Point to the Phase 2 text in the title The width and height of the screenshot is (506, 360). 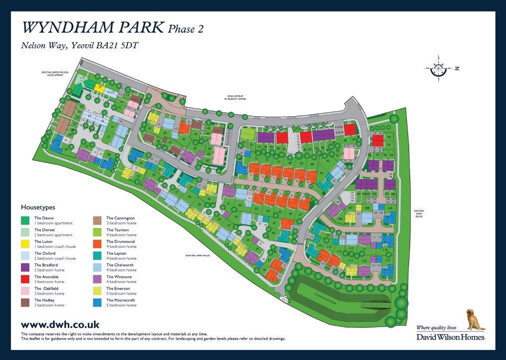click(186, 29)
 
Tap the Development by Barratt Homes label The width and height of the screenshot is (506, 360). click(235, 98)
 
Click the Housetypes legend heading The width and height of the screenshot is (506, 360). click(38, 207)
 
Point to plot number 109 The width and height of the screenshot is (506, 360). click(390, 208)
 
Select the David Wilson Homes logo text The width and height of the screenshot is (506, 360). click(450, 337)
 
